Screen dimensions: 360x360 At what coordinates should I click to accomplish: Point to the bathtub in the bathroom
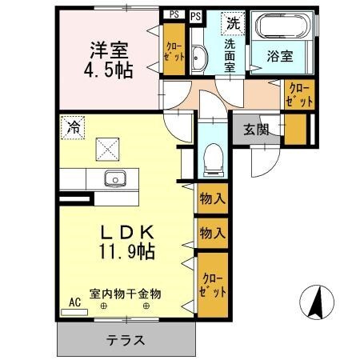click(x=280, y=30)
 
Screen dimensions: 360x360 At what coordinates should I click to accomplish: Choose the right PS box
click(x=196, y=14)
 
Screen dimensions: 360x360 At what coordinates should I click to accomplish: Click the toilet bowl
click(x=214, y=158)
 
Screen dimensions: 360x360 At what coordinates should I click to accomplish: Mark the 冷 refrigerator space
click(x=74, y=126)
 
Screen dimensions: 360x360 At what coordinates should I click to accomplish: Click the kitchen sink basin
click(x=114, y=178)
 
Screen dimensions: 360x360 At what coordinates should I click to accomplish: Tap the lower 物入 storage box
click(x=211, y=234)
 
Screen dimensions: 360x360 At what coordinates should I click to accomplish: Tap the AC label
click(x=74, y=302)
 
